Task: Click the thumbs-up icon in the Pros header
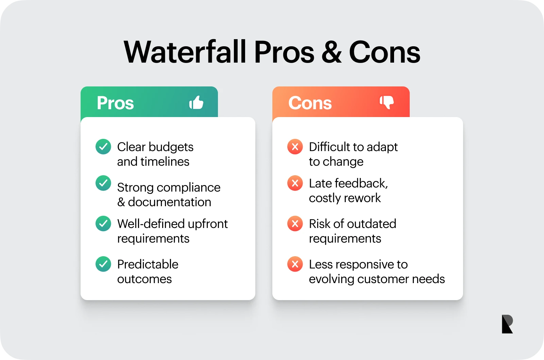pos(196,102)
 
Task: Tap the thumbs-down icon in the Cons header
pos(387,102)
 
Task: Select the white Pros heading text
pos(115,103)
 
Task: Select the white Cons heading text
pos(310,103)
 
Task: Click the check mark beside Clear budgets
pos(103,147)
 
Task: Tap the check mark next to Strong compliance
pos(103,183)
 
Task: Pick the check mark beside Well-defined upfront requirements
pos(103,224)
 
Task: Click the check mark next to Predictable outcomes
pos(103,264)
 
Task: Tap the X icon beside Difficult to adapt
pos(295,147)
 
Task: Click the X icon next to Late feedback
pos(295,183)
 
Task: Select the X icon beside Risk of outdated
pos(295,224)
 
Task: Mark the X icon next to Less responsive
pos(295,264)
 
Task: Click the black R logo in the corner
pos(507,324)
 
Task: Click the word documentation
pos(169,202)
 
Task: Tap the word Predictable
pos(148,264)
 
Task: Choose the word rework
pos(364,198)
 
